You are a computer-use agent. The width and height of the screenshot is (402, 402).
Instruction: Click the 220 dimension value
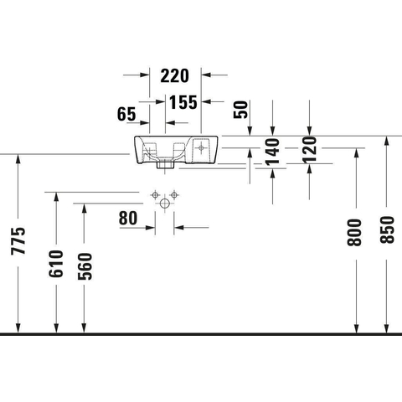174,76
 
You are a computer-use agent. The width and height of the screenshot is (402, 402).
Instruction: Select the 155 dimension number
183,102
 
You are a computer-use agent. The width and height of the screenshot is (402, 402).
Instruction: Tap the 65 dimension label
126,114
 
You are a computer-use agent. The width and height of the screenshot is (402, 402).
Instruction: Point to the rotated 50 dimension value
240,110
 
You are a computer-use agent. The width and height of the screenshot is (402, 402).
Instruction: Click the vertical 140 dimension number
272,152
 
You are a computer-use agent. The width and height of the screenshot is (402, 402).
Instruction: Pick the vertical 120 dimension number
309,150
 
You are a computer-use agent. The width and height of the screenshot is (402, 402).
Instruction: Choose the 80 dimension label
128,219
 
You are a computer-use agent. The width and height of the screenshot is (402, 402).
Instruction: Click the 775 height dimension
18,241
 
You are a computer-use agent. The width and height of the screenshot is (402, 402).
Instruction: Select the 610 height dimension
56,264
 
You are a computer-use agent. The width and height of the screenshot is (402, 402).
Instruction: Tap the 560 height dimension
85,266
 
